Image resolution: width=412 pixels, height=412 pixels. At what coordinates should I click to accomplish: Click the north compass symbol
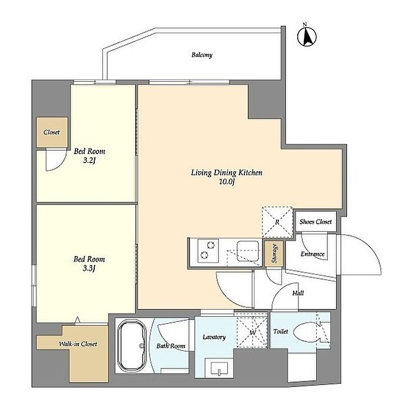pyautogui.click(x=307, y=36)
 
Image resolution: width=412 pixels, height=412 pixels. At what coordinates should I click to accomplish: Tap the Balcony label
pyautogui.click(x=202, y=55)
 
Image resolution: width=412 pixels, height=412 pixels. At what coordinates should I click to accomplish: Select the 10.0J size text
pyautogui.click(x=227, y=182)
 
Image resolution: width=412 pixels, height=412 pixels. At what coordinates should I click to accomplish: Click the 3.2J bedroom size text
pyautogui.click(x=89, y=160)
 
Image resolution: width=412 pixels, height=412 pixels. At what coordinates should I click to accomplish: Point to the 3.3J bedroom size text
pyautogui.click(x=89, y=268)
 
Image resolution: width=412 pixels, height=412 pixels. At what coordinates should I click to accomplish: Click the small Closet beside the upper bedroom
pyautogui.click(x=52, y=132)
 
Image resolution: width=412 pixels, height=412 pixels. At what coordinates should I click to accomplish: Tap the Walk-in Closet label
pyautogui.click(x=78, y=344)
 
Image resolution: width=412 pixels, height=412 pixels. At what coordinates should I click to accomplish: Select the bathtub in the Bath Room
pyautogui.click(x=132, y=345)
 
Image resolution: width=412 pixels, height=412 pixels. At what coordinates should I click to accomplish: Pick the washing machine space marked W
pyautogui.click(x=252, y=333)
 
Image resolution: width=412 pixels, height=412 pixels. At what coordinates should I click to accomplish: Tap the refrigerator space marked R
pyautogui.click(x=277, y=222)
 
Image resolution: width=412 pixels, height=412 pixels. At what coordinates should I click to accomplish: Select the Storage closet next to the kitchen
pyautogui.click(x=274, y=253)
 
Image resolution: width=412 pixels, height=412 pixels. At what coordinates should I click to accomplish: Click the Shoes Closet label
pyautogui.click(x=315, y=222)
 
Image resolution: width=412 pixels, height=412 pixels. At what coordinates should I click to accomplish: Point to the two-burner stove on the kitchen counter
pyautogui.click(x=208, y=251)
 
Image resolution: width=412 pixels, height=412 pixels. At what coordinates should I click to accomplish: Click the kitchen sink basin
pyautogui.click(x=248, y=251)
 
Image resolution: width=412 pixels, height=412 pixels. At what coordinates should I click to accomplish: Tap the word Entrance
pyautogui.click(x=313, y=254)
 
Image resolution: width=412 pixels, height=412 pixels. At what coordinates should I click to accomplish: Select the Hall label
pyautogui.click(x=298, y=293)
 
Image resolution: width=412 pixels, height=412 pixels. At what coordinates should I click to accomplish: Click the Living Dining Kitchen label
pyautogui.click(x=227, y=172)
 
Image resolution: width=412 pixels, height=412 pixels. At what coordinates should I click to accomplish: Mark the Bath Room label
pyautogui.click(x=171, y=346)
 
